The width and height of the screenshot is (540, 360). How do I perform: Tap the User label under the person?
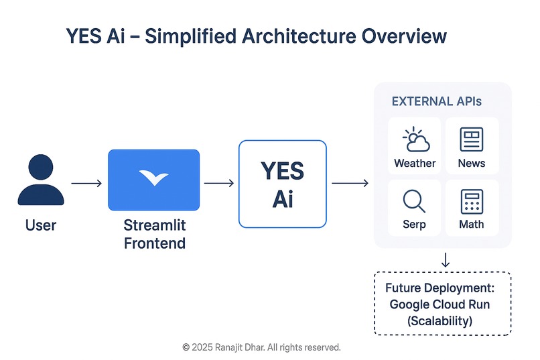(41, 225)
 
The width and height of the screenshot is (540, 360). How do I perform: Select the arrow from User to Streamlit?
(86, 183)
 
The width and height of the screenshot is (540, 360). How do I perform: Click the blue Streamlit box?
(153, 180)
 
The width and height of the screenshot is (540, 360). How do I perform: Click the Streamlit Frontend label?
(155, 233)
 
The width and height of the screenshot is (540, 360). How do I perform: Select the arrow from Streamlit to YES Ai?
(218, 183)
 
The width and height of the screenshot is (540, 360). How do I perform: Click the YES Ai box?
(282, 184)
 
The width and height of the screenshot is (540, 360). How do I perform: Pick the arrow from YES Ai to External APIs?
(350, 183)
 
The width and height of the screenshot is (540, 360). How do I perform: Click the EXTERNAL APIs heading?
(436, 102)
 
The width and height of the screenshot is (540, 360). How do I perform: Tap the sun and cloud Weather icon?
(415, 140)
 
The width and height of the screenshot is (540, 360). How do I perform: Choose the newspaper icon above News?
(472, 139)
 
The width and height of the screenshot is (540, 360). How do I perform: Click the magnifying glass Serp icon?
(414, 200)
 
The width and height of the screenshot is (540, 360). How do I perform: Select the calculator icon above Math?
(472, 201)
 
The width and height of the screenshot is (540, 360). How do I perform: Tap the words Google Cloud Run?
(440, 304)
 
